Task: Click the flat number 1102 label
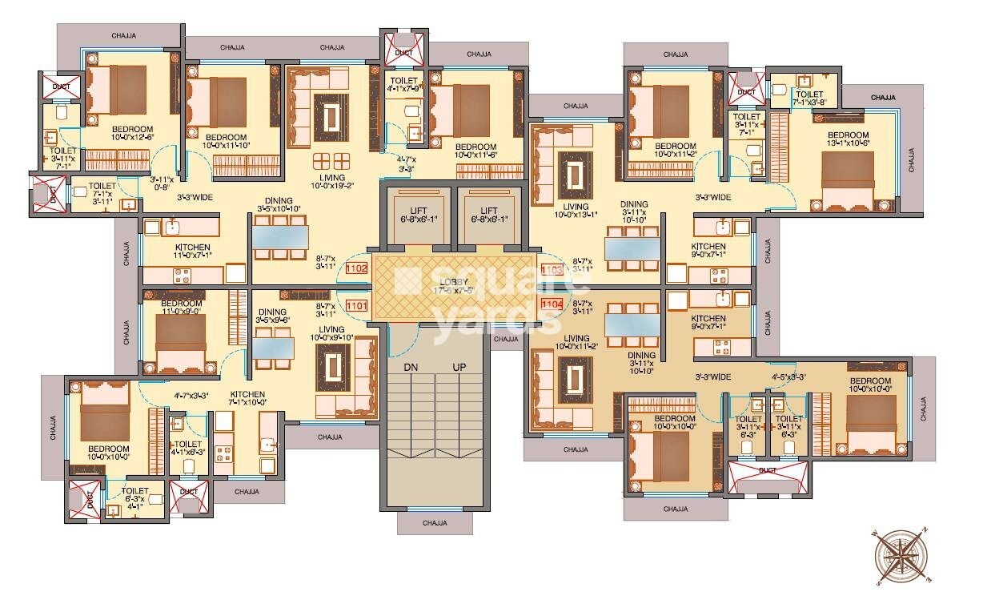click(356, 270)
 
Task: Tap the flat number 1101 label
click(356, 305)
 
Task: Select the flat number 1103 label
click(552, 271)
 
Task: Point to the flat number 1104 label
click(552, 304)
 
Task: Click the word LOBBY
click(452, 282)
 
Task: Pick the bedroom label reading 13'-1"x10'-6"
click(848, 139)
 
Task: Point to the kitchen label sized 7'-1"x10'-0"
click(247, 399)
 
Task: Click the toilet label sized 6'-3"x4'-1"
click(134, 495)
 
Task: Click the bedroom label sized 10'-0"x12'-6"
click(132, 134)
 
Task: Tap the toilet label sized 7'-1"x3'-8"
click(808, 99)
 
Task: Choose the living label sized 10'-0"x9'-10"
click(331, 333)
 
